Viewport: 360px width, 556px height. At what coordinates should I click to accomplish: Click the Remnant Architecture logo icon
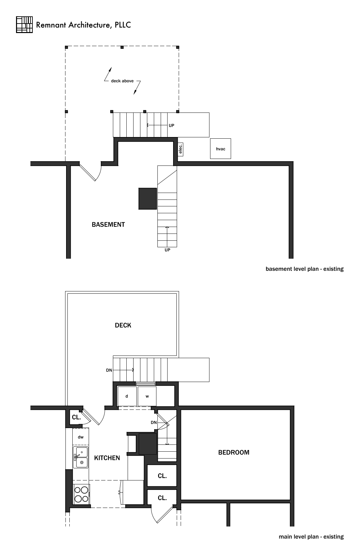tap(24, 25)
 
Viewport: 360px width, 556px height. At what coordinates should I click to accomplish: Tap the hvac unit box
tap(220, 149)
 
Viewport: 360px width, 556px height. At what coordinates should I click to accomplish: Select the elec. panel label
tap(181, 149)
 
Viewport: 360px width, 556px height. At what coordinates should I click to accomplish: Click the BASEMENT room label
tap(108, 225)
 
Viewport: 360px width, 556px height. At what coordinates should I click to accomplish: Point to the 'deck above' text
tap(122, 81)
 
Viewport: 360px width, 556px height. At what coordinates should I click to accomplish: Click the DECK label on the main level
tap(123, 325)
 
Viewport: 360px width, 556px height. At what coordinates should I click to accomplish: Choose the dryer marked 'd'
tap(127, 396)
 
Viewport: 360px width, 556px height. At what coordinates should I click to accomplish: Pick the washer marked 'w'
tap(147, 396)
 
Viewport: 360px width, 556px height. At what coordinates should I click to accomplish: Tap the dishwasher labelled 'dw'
tap(81, 437)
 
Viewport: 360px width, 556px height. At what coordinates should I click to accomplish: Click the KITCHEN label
tap(107, 458)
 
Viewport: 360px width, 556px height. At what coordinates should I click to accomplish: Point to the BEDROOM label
tap(234, 453)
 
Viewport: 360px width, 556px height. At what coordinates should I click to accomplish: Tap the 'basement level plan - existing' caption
tap(305, 269)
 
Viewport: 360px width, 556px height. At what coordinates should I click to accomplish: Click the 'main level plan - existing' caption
tap(311, 537)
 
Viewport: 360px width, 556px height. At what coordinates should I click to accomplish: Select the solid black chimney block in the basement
tap(148, 199)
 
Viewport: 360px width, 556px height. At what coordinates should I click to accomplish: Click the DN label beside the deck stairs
tap(109, 370)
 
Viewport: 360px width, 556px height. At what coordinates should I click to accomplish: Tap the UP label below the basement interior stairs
tap(168, 250)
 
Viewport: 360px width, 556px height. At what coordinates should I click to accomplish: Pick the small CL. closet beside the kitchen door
tap(76, 417)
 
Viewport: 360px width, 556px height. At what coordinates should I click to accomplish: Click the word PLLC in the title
tap(123, 25)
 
